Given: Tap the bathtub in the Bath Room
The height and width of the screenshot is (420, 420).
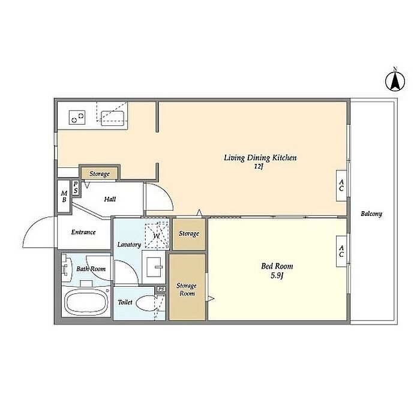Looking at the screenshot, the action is coord(86,302).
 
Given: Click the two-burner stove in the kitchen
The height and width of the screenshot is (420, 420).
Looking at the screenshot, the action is coord(77,118).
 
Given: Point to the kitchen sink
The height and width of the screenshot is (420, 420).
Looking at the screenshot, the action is coord(113,118).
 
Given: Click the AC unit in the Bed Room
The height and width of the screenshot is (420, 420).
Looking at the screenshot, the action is coord(341,251).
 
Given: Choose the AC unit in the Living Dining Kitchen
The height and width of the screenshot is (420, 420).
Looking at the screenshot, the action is coord(341,185).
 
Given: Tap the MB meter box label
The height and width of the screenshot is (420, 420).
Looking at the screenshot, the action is coord(64,196).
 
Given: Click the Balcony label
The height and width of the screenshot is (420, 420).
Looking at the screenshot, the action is coord(371,214).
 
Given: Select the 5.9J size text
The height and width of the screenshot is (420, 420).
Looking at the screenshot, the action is coord(277,275).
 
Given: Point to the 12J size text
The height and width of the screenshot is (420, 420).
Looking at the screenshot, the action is coord(259,167).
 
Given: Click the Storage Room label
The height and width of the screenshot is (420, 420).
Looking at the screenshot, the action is coord(187,290).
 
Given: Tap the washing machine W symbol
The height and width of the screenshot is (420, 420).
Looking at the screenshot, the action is coord(157,236).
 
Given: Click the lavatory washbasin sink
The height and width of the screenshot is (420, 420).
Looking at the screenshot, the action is coord(154,267).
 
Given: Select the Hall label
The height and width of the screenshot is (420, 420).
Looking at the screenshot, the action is coord(110,199).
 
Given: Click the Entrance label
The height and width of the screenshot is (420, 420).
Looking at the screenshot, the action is coord(83,232).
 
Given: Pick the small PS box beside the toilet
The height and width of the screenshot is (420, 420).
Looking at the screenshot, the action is coord(161,289).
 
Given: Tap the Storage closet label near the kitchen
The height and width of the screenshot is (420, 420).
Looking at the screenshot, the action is coord(100,173).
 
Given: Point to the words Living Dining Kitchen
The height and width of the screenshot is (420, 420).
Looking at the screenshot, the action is coord(260,158).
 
